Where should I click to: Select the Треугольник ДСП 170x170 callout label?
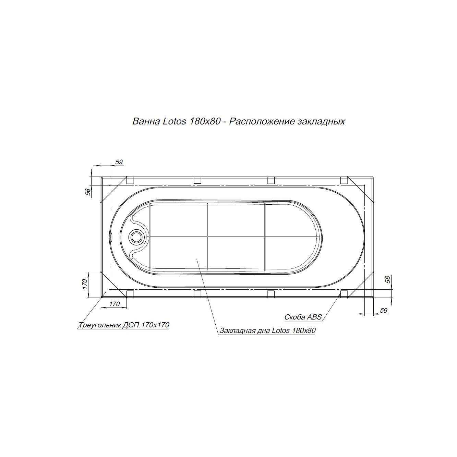(x=123, y=325)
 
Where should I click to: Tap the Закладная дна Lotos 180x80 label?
(x=267, y=330)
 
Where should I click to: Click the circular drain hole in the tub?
(x=136, y=237)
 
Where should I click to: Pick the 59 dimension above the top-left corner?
(x=119, y=162)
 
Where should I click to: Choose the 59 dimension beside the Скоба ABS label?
(x=383, y=310)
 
